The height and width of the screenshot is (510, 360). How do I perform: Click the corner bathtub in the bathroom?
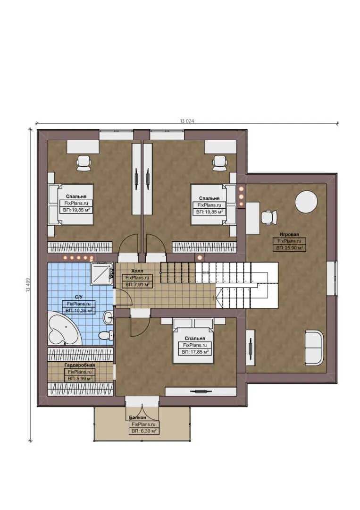click(x=64, y=329)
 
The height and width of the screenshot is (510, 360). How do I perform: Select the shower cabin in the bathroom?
click(x=102, y=273)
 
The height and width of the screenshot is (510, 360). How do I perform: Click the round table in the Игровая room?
click(x=306, y=202)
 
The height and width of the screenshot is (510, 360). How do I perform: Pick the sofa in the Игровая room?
click(x=314, y=348)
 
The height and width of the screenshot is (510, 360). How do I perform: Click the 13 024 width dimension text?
click(x=187, y=121)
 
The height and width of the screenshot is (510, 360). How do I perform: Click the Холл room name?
click(x=137, y=272)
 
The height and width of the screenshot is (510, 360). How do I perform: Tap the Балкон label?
click(x=138, y=418)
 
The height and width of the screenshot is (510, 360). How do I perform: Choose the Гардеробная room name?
click(x=80, y=365)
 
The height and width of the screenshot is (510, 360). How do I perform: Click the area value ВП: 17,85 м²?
click(x=194, y=352)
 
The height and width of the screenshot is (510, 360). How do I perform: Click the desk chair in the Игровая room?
click(x=268, y=217)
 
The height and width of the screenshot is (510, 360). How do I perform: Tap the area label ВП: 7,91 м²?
click(x=137, y=285)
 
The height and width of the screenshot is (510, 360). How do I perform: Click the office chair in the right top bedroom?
click(x=219, y=162)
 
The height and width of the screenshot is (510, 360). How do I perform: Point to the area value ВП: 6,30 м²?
click(x=144, y=431)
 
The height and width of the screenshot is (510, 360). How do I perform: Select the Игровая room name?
click(x=289, y=234)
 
